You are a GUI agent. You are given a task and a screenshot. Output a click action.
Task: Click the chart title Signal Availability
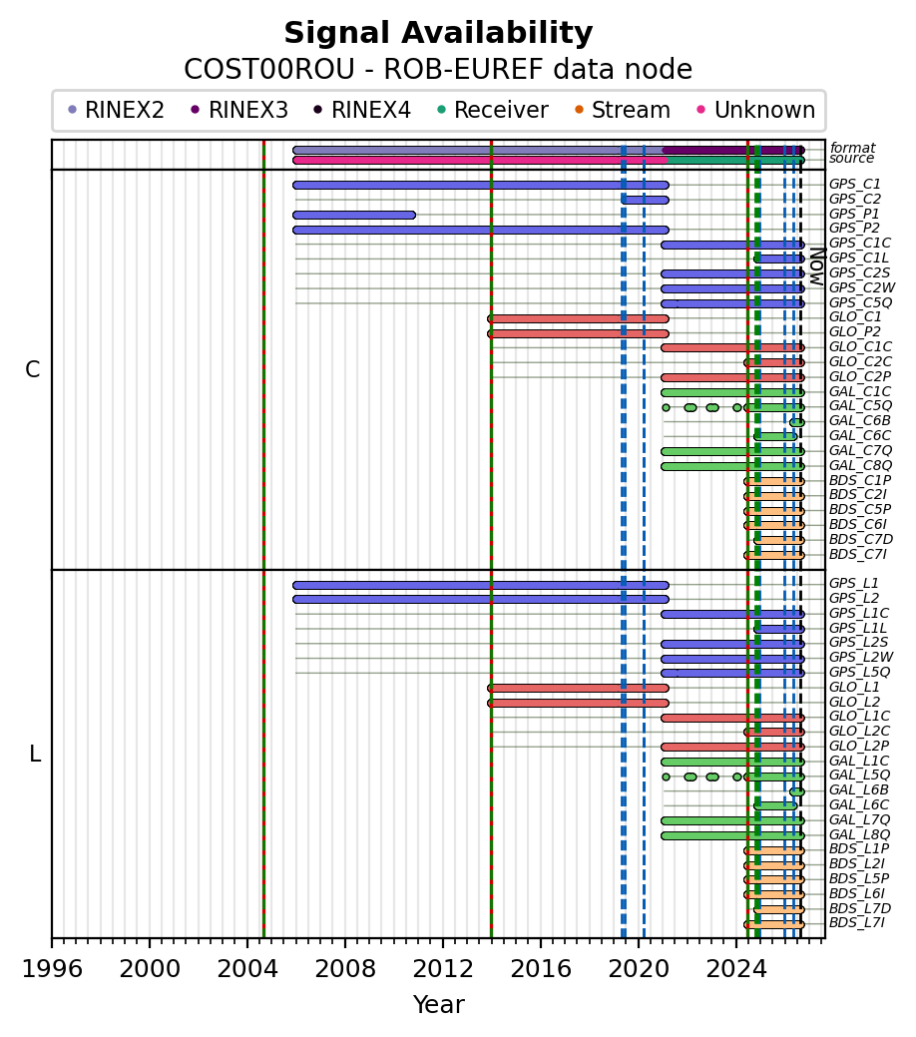pyautogui.click(x=438, y=33)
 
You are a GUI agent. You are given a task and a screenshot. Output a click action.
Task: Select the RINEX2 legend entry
pyautogui.click(x=117, y=110)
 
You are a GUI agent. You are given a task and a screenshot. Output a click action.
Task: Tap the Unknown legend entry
pyautogui.click(x=756, y=110)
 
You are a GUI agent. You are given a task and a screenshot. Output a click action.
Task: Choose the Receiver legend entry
pyautogui.click(x=493, y=110)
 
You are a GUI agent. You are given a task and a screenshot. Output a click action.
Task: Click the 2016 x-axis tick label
pyautogui.click(x=541, y=969)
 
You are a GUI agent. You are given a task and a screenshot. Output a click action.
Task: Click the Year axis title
pyautogui.click(x=438, y=1005)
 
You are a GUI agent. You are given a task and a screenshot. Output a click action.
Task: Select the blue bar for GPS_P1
pyautogui.click(x=354, y=215)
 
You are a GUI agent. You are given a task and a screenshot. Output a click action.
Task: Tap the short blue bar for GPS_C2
pyautogui.click(x=645, y=200)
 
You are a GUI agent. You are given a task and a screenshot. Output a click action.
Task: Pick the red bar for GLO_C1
pyautogui.click(x=578, y=318)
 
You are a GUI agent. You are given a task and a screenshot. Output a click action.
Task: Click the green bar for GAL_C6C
pyautogui.click(x=775, y=436)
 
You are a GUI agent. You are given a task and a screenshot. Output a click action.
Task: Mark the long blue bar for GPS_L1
pyautogui.click(x=481, y=585)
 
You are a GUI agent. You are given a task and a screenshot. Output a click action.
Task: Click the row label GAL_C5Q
pyautogui.click(x=860, y=405)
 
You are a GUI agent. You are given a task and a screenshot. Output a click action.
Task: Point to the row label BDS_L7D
pyautogui.click(x=860, y=908)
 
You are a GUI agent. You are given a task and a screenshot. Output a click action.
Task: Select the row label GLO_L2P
pyautogui.click(x=859, y=746)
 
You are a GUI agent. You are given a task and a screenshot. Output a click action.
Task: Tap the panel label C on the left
pyautogui.click(x=32, y=369)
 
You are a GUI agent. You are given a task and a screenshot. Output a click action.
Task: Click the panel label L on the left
pyautogui.click(x=35, y=754)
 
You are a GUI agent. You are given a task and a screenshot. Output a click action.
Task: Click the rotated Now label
pyautogui.click(x=817, y=266)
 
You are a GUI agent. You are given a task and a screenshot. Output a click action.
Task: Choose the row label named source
pyautogui.click(x=852, y=158)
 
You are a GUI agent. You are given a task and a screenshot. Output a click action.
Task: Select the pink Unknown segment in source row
pyautogui.click(x=480, y=160)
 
